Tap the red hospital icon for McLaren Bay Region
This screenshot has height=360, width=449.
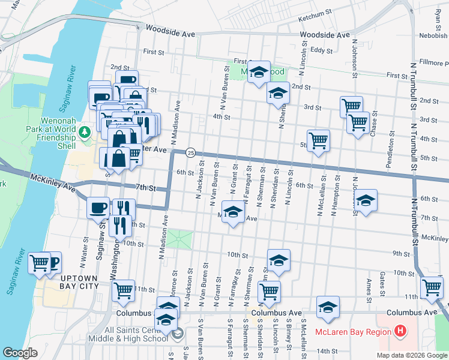[400, 331]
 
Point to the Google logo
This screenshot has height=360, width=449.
[20, 353]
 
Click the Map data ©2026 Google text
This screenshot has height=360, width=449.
[412, 355]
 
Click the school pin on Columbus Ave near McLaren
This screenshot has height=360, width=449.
[328, 307]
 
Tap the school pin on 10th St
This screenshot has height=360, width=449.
[279, 260]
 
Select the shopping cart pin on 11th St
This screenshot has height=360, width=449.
[124, 290]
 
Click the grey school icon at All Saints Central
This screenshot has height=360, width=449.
[178, 335]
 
